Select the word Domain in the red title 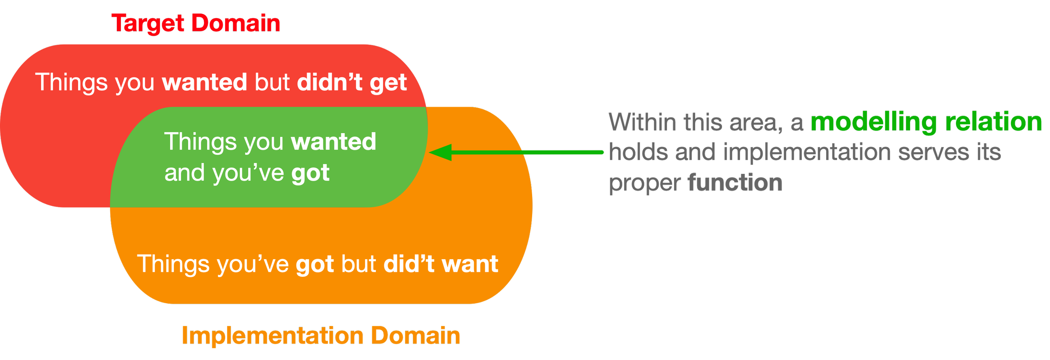[x=236, y=23]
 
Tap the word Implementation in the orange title [x=272, y=336]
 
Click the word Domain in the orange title [x=415, y=335]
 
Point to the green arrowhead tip [x=429, y=152]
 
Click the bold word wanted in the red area [x=205, y=82]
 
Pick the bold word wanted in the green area [x=333, y=142]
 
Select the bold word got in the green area [x=310, y=173]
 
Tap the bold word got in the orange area [x=315, y=265]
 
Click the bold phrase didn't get [x=352, y=82]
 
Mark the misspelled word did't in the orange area [x=409, y=263]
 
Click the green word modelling [x=874, y=123]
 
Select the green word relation [x=994, y=122]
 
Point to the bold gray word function [x=735, y=183]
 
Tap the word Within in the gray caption [x=643, y=122]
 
